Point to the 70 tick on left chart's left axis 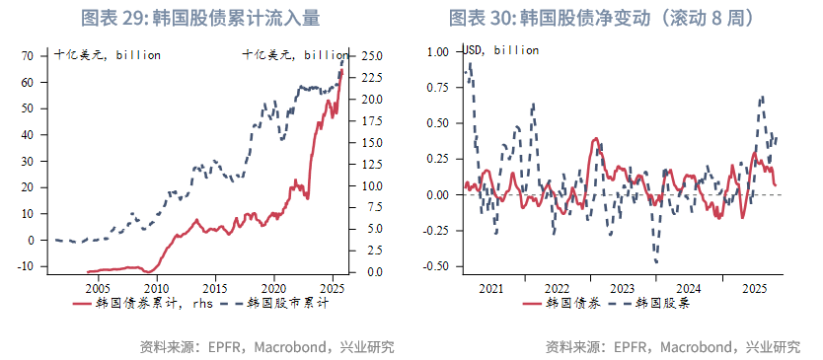coord(28,56)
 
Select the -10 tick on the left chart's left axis coord(26,266)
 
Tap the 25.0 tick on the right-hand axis coord(372,56)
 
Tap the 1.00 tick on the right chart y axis coord(435,52)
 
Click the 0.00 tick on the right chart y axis coord(435,194)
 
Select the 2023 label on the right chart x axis coord(622,287)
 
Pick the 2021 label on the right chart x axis coord(490,287)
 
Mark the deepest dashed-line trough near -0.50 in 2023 coord(656,261)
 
